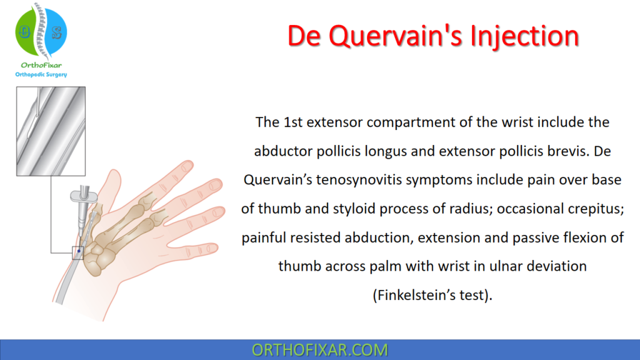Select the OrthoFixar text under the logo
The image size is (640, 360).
[41, 66]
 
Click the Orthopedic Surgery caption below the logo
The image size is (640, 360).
[41, 75]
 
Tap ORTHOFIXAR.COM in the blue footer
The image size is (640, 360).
[319, 350]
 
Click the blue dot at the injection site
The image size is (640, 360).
[79, 251]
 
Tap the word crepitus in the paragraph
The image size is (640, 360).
[597, 208]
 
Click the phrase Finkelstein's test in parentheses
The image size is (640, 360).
[432, 294]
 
